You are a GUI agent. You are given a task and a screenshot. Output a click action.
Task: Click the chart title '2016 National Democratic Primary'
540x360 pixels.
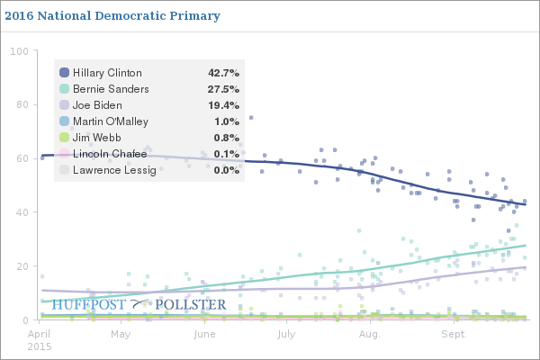click(x=112, y=16)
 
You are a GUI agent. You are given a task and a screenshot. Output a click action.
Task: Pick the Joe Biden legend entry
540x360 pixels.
click(x=98, y=105)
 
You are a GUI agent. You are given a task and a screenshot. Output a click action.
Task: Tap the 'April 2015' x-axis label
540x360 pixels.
click(x=40, y=339)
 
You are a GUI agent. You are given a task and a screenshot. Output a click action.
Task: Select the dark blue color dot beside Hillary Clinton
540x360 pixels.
click(x=65, y=73)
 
